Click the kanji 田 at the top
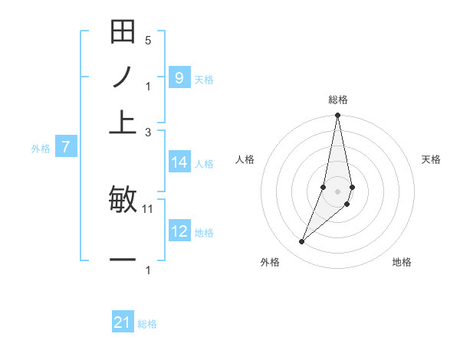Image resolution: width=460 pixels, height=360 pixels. click(123, 32)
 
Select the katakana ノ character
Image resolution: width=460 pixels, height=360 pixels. click(123, 77)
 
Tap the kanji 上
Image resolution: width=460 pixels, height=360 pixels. click(123, 123)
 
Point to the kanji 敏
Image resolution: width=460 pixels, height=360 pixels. click(123, 200)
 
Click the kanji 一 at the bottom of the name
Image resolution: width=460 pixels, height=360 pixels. click(123, 260)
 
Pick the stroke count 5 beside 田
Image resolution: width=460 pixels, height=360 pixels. click(148, 40)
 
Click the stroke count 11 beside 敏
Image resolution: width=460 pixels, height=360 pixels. click(149, 208)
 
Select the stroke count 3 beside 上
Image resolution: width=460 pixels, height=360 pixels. click(148, 132)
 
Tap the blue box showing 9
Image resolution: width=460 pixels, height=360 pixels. click(179, 77)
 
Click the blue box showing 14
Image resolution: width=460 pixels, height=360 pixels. click(179, 162)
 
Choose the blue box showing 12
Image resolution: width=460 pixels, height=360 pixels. click(179, 231)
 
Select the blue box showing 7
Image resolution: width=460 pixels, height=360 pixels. click(65, 147)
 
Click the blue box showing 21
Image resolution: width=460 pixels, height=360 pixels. click(123, 322)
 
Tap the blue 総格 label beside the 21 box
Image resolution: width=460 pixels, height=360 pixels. click(147, 324)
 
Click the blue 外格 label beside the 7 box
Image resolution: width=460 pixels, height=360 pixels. click(40, 149)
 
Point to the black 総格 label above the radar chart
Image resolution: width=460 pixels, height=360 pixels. click(337, 100)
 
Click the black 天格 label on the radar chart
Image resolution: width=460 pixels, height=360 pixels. click(431, 159)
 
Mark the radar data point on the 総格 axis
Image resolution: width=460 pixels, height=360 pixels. click(337, 116)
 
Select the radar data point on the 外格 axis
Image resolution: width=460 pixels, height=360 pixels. click(301, 242)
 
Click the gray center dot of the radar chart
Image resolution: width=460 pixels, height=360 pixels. click(337, 191)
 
